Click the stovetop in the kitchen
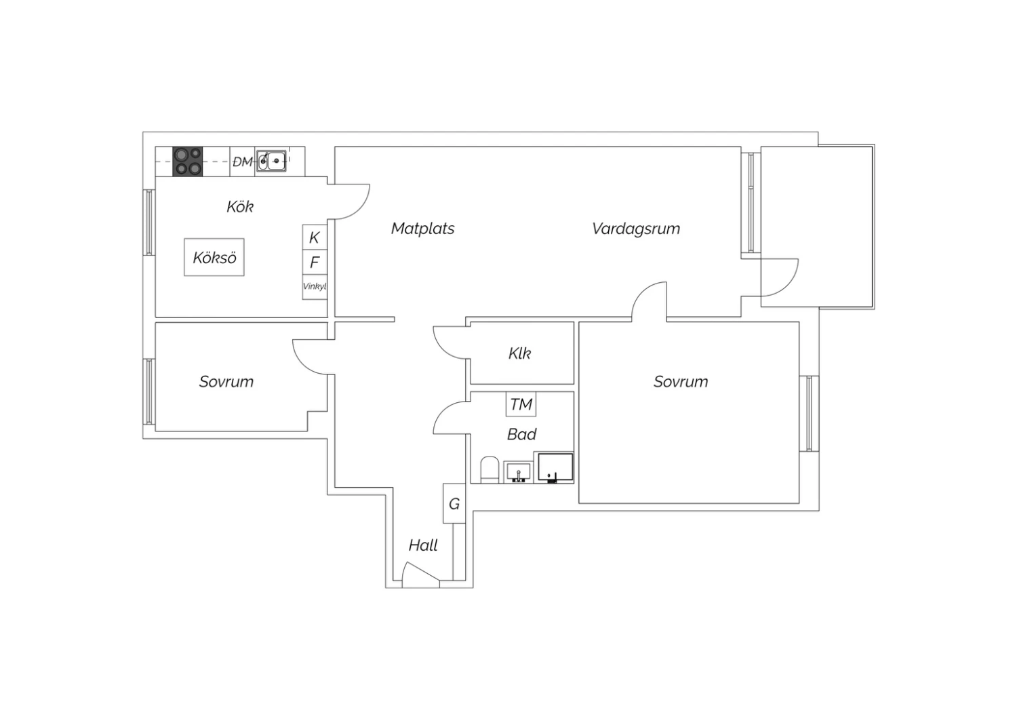click(188, 161)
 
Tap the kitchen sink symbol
click(271, 161)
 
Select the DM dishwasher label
click(243, 161)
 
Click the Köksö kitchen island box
click(214, 257)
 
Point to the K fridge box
click(315, 237)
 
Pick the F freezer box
click(315, 262)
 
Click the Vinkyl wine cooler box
click(315, 287)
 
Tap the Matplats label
click(422, 229)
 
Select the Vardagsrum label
click(636, 229)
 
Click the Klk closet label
click(519, 353)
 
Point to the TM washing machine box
click(521, 404)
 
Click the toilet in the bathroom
click(490, 469)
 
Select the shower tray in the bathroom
click(555, 467)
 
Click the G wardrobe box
click(454, 503)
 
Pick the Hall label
click(422, 545)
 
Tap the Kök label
click(240, 207)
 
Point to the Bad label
click(521, 435)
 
